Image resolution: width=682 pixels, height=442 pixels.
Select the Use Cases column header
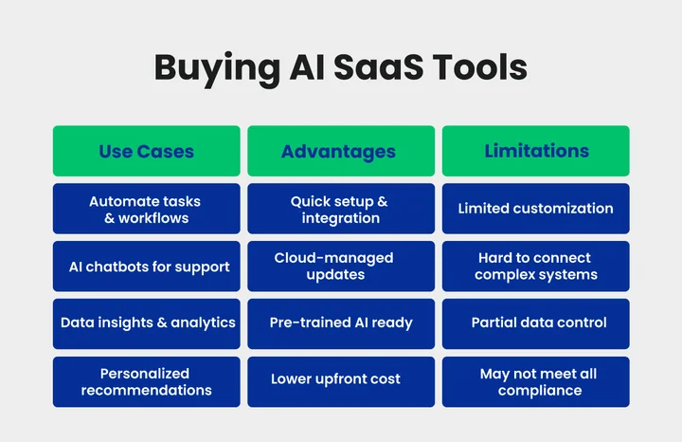tap(146, 151)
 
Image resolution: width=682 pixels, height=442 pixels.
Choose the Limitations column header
tap(536, 151)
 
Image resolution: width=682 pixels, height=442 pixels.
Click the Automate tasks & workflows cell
tap(146, 210)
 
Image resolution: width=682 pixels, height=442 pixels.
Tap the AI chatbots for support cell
tap(146, 267)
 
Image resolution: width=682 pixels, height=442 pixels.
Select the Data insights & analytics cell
tap(146, 322)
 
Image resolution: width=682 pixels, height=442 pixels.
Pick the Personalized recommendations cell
tap(146, 381)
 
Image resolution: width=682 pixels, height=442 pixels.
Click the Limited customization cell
tap(536, 209)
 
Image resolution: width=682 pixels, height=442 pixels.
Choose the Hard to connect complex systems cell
tap(536, 267)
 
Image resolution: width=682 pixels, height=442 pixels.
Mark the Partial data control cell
tap(536, 322)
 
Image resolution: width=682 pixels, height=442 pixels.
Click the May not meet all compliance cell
tap(536, 381)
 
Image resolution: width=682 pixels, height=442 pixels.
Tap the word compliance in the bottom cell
tap(538, 390)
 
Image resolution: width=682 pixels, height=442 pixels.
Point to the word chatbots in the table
tap(123, 267)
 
